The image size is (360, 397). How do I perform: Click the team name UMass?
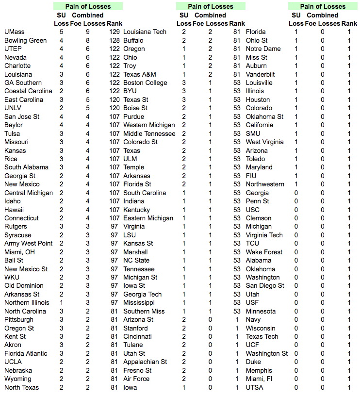coord(14,32)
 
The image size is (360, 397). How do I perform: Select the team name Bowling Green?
coord(25,40)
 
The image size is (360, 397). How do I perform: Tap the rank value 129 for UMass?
coord(115,32)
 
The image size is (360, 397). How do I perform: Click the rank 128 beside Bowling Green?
coord(115,40)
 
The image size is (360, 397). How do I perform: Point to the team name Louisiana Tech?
coord(145,32)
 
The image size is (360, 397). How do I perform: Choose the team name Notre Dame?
coord(263,49)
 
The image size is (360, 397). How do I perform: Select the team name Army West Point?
coord(28,243)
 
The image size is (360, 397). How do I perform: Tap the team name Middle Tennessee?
coord(149,133)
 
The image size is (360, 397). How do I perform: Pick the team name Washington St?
coord(267,353)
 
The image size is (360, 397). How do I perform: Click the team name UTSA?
coord(254,387)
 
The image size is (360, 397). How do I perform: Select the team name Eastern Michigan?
coord(148,218)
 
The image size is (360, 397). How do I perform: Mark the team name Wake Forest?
coord(264,252)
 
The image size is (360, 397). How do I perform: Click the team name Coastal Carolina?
coord(28,91)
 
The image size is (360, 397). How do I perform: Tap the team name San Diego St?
coord(265,286)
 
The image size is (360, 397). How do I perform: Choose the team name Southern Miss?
coord(144,311)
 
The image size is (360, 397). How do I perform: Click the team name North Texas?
coord(22,387)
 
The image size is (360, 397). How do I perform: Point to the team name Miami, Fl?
coord(259,379)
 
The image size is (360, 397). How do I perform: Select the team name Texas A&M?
coord(140,74)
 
